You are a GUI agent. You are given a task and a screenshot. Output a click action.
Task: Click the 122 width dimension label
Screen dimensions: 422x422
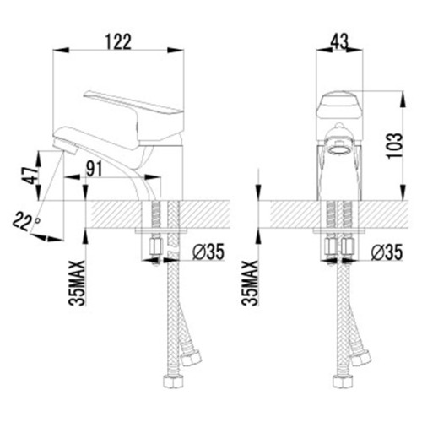(118, 41)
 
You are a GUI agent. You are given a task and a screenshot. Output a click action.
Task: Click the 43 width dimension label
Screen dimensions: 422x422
(339, 41)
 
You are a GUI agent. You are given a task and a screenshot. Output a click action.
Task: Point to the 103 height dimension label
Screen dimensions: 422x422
(394, 146)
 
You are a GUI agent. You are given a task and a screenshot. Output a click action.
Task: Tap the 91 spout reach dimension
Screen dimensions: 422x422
(94, 170)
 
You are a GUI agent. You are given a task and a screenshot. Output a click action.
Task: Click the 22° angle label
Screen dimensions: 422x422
(25, 221)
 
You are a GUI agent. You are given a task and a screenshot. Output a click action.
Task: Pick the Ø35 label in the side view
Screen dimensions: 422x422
(208, 252)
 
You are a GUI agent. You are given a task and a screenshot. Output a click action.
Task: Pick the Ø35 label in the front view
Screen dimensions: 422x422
(387, 252)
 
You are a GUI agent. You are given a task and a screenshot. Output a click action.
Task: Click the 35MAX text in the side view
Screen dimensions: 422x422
(77, 283)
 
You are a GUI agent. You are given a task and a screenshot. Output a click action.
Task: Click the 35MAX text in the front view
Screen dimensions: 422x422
(250, 283)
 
